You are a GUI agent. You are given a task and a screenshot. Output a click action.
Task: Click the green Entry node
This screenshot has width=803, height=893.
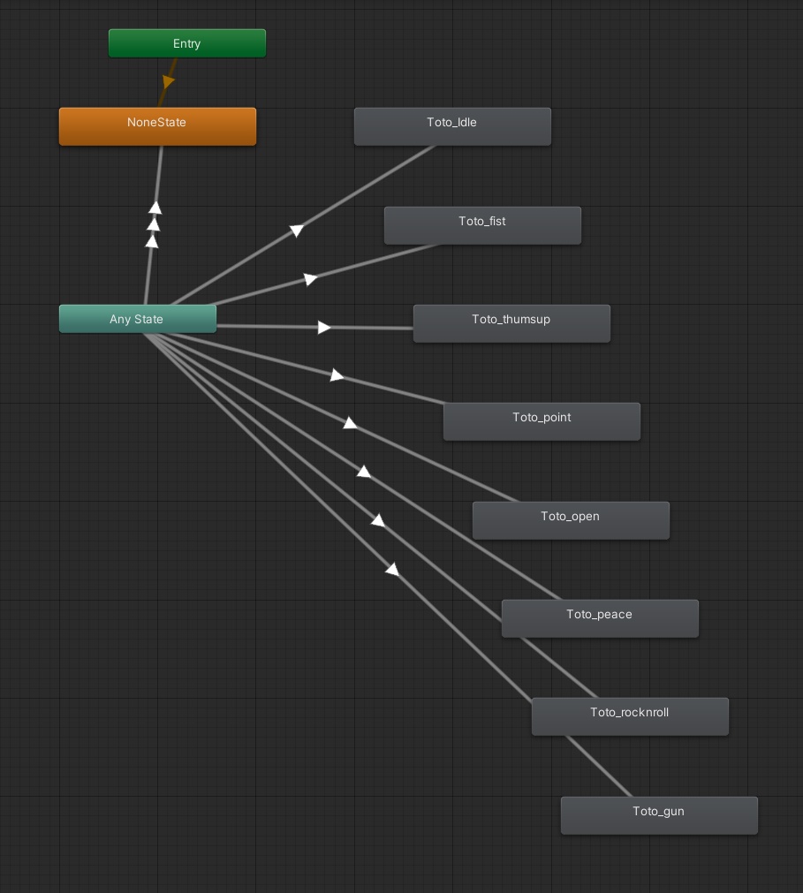(x=186, y=43)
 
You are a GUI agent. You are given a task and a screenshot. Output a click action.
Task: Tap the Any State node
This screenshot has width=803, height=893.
(x=137, y=319)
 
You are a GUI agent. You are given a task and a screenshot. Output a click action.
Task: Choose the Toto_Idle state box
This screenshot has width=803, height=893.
(x=452, y=126)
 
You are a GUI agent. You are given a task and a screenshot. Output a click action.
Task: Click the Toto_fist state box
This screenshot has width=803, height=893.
(x=482, y=225)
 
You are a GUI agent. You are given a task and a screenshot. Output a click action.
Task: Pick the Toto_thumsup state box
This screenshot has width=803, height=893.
(x=511, y=323)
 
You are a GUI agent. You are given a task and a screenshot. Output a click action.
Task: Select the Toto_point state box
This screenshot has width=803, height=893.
(x=542, y=421)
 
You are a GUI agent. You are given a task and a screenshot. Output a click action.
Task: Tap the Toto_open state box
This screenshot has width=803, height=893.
(x=571, y=520)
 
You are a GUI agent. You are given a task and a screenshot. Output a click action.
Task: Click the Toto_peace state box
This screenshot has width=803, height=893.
(x=600, y=618)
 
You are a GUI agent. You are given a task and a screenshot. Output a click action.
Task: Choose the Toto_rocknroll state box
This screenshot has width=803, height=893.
(x=630, y=716)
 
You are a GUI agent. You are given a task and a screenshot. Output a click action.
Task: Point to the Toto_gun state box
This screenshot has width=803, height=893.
(x=659, y=815)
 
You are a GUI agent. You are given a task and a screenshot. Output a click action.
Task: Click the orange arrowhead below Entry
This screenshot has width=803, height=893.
(x=168, y=82)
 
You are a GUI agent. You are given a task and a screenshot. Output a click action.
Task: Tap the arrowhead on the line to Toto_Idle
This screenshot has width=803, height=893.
(x=297, y=231)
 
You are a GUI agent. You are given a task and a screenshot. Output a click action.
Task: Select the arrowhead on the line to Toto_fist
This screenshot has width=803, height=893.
(x=310, y=279)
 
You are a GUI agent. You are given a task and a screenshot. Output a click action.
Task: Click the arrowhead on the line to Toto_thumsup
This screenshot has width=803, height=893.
(x=324, y=328)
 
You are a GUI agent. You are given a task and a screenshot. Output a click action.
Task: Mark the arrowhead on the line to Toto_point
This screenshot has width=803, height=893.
(x=337, y=375)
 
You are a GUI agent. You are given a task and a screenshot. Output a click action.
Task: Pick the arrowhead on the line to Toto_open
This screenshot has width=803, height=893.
(x=350, y=423)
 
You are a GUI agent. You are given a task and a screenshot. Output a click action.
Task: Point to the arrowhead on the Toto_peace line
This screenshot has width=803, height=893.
(x=363, y=472)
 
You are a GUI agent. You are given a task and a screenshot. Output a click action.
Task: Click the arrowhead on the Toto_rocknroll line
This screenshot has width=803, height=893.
(x=377, y=520)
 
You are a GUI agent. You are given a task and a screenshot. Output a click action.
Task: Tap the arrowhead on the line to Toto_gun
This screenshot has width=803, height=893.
(x=391, y=570)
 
